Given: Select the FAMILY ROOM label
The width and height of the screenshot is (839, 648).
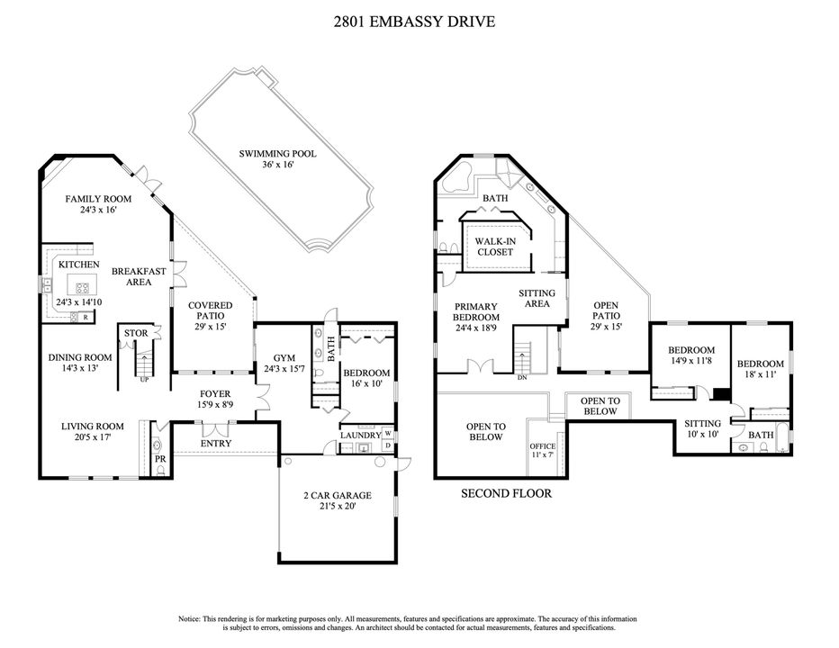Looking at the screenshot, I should [99, 199].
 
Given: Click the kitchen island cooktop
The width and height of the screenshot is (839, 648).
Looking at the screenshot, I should [83, 288].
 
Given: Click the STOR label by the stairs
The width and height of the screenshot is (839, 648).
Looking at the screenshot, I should [136, 333].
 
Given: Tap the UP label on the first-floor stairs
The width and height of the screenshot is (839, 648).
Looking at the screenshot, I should [143, 379].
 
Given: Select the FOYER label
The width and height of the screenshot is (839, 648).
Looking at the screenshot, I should [215, 393].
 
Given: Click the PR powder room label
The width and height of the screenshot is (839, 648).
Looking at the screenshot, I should [160, 458].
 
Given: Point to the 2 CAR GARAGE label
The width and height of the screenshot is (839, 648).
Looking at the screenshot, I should [338, 495].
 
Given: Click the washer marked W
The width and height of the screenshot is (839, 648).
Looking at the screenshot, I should [387, 431].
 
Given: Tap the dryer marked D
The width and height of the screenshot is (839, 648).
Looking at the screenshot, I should [387, 445].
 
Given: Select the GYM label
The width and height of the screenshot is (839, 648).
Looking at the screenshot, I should [273, 356].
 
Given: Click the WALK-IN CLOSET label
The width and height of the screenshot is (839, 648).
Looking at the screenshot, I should [494, 247].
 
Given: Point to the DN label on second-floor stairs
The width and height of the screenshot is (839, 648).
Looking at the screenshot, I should [521, 378].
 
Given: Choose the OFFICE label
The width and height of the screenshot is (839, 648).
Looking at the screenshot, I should [543, 446].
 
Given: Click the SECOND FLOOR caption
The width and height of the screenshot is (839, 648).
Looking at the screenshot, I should [506, 493].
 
